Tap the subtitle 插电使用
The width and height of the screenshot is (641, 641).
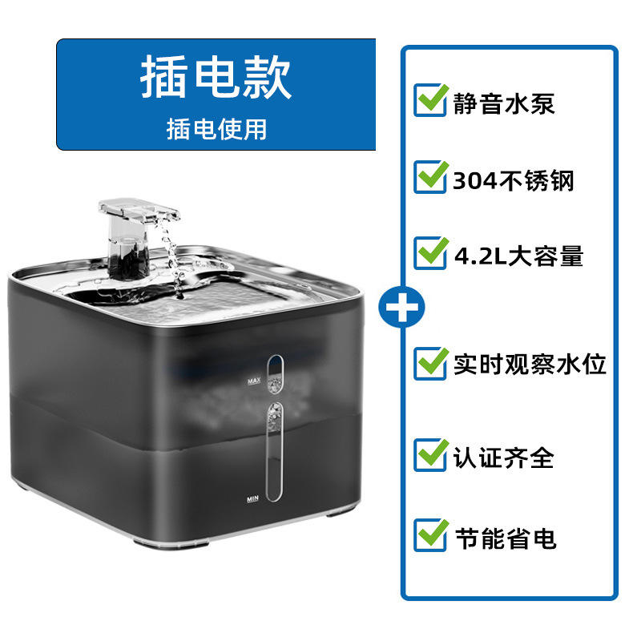[x=216, y=128]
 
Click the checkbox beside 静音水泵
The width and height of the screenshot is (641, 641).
[x=430, y=102]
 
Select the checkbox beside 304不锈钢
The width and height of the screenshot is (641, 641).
[x=430, y=178]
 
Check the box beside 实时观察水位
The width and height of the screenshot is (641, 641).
[x=430, y=363]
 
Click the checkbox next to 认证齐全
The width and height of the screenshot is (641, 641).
[x=430, y=456]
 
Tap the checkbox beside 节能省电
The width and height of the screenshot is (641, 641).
[x=430, y=534]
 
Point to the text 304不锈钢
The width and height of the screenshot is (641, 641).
[x=514, y=180]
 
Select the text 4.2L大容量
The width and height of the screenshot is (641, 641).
[x=518, y=256]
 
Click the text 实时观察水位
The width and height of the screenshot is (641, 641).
[x=530, y=365]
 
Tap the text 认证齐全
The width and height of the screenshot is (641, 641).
[x=504, y=458]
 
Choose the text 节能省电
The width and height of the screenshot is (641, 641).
[x=505, y=537]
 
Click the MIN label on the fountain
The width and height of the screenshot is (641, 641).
[x=254, y=498]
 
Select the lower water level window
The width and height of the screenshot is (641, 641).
[x=275, y=453]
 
